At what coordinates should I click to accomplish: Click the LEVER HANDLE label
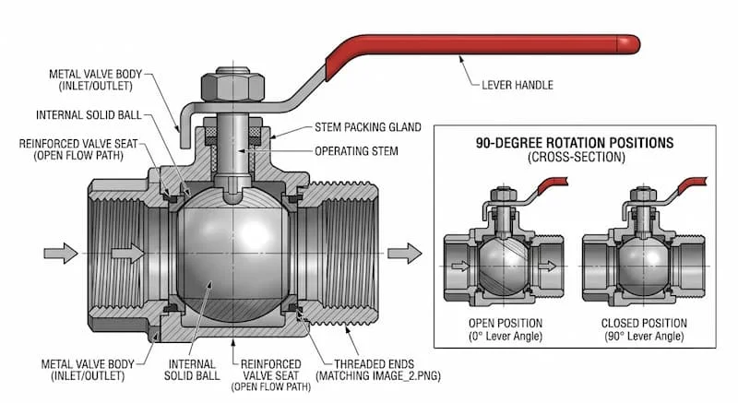tap(518, 85)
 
